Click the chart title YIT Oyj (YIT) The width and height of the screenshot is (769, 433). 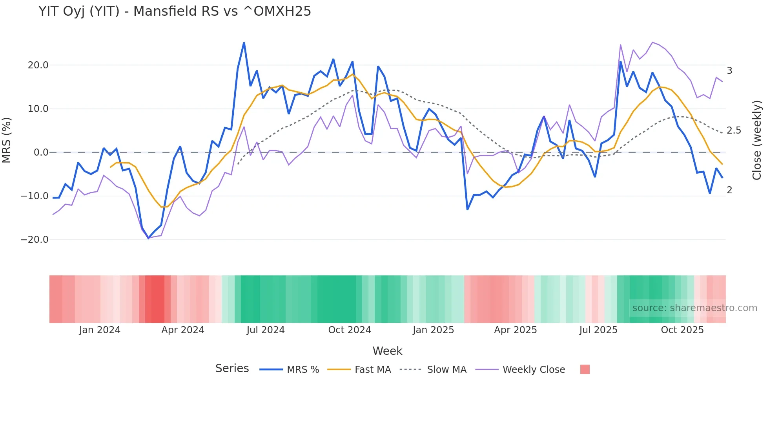[175, 11]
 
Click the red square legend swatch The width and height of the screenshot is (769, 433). [585, 369]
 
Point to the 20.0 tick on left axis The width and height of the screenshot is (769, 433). [38, 65]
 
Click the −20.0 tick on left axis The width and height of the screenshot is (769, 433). [35, 240]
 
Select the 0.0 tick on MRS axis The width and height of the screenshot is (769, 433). [41, 152]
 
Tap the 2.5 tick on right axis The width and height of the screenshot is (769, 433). [734, 130]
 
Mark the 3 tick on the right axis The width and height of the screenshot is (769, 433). [729, 71]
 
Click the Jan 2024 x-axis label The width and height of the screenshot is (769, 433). [100, 330]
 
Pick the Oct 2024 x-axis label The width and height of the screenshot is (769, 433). [350, 330]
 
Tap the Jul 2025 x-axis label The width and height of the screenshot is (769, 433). [598, 330]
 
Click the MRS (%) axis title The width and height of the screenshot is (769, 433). [7, 140]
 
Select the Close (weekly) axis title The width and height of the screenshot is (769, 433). [756, 140]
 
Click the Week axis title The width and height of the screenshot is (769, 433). [387, 351]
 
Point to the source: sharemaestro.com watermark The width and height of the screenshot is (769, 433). [694, 308]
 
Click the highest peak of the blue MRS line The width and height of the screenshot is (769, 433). [244, 42]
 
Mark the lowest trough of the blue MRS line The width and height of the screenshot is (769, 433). [148, 238]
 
